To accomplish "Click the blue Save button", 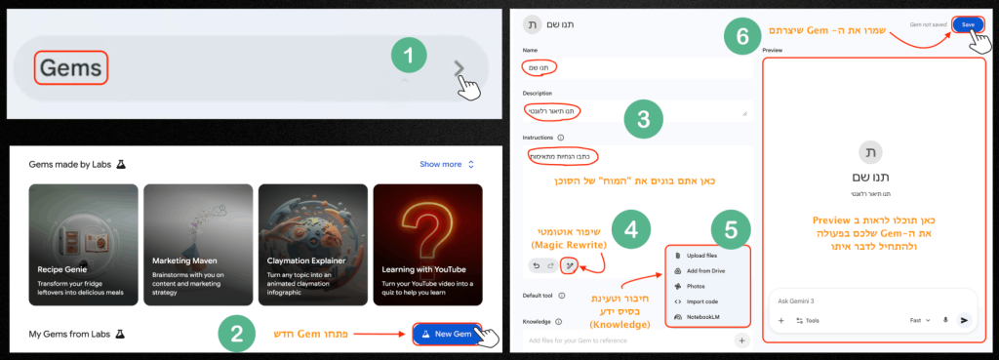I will click(x=968, y=25).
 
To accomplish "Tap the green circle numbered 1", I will click(x=415, y=57).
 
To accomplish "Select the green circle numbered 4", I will click(x=630, y=230).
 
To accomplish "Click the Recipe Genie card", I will click(x=82, y=236).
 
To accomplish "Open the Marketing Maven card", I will click(x=196, y=236).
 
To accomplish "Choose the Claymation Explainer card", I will click(x=311, y=236).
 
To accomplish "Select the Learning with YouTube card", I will click(x=427, y=236).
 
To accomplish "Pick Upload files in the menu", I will click(x=702, y=255).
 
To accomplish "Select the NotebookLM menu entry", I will click(x=706, y=317).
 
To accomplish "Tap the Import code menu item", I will click(x=703, y=301).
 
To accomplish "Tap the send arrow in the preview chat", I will click(x=964, y=320).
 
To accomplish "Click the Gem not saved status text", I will click(x=926, y=25).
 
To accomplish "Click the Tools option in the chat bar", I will click(x=808, y=320).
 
